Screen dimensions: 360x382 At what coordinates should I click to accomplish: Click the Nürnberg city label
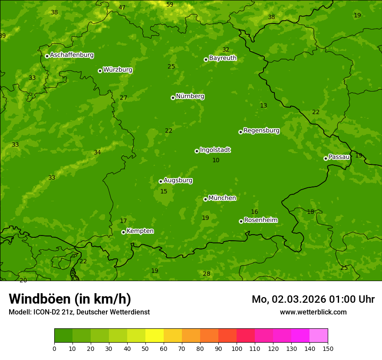tap(190, 96)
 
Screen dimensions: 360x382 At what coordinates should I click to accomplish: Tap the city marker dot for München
tap(205, 199)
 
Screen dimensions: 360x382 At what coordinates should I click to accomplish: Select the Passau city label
tap(339, 157)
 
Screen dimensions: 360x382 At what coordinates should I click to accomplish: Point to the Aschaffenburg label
tap(72, 55)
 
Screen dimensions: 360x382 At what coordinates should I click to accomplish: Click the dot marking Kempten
tap(123, 232)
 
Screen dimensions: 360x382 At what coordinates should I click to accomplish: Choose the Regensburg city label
tap(261, 131)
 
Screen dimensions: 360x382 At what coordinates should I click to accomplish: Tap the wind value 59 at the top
tap(170, 4)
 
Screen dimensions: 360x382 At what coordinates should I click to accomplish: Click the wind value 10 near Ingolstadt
tap(216, 160)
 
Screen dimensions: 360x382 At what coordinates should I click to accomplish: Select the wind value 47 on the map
tap(122, 7)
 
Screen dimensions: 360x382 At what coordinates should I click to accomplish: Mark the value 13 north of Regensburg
tap(263, 105)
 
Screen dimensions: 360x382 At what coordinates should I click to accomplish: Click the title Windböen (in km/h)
tap(70, 299)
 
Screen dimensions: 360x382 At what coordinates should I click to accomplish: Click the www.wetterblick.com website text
tap(313, 312)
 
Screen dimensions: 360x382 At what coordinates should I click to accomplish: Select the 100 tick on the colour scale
tap(237, 348)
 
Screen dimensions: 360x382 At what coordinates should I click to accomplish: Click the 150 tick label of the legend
tap(328, 348)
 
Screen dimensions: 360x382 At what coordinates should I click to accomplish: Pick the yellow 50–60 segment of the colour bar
tap(155, 336)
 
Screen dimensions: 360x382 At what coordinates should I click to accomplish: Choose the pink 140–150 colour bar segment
tap(319, 336)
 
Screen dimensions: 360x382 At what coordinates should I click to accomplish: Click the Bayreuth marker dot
tap(206, 59)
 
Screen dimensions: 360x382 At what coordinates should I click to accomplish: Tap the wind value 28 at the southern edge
tap(206, 274)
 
